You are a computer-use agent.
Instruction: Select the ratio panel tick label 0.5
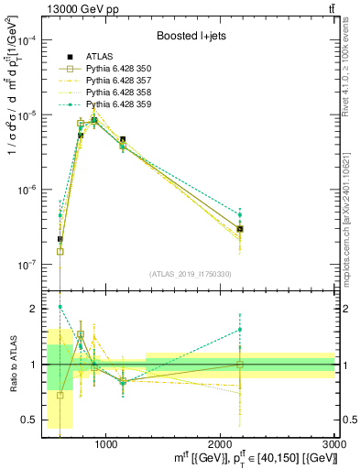pos(30,420)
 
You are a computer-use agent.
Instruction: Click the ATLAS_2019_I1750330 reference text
pos(190,274)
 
